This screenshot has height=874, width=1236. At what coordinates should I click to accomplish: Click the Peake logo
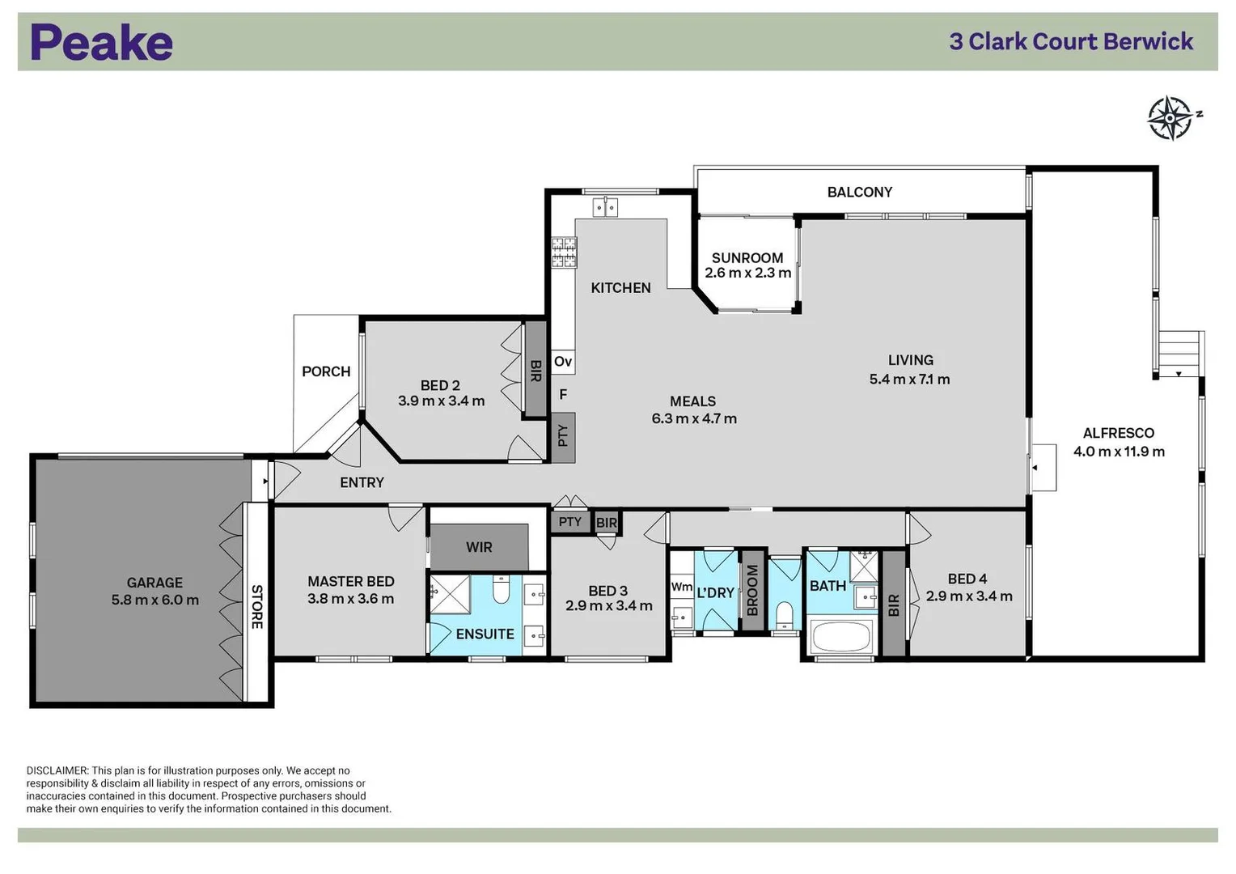pyautogui.click(x=102, y=43)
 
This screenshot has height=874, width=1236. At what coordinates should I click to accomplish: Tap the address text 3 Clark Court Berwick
pyautogui.click(x=1071, y=42)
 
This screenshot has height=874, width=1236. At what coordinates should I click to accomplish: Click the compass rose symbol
pyautogui.click(x=1170, y=118)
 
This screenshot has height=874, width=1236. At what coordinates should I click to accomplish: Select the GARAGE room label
pyautogui.click(x=154, y=583)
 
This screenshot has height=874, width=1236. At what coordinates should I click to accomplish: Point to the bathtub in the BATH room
pyautogui.click(x=841, y=637)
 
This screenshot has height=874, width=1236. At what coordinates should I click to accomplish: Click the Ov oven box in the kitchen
pyautogui.click(x=563, y=362)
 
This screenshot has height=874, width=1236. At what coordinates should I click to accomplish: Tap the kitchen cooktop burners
pyautogui.click(x=565, y=252)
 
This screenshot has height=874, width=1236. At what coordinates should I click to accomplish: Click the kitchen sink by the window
pyautogui.click(x=605, y=207)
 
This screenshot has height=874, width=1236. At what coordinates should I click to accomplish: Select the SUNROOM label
pyautogui.click(x=747, y=258)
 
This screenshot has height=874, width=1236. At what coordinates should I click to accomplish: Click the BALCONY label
pyautogui.click(x=859, y=193)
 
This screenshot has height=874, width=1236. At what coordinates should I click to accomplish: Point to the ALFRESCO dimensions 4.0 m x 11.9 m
pyautogui.click(x=1119, y=452)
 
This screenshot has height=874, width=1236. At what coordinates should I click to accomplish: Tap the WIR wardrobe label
pyautogui.click(x=479, y=548)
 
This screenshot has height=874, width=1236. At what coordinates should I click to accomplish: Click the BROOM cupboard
pyautogui.click(x=752, y=591)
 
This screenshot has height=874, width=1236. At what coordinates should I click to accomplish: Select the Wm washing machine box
pyautogui.click(x=682, y=587)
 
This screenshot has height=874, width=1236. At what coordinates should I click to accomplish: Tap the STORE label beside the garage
pyautogui.click(x=256, y=606)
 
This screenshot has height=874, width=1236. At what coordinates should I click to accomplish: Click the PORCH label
pyautogui.click(x=326, y=371)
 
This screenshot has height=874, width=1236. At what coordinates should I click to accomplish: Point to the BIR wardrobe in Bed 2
pyautogui.click(x=535, y=371)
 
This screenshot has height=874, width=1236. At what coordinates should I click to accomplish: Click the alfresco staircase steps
pyautogui.click(x=1179, y=353)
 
